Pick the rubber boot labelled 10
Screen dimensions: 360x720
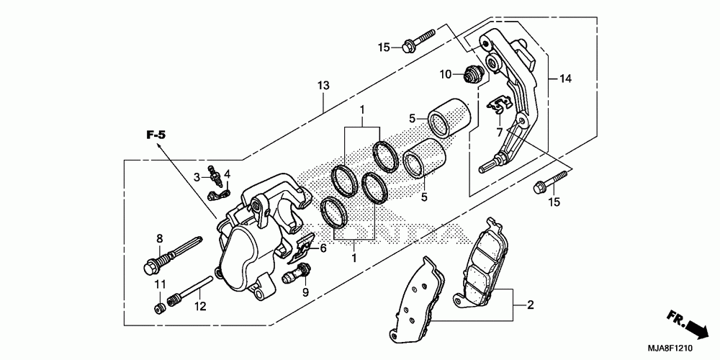click(x=472, y=73)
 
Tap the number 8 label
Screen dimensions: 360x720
click(x=160, y=238)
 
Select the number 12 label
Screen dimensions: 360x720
click(x=200, y=306)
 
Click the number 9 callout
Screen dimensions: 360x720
click(x=305, y=292)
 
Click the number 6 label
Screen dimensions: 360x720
click(x=323, y=248)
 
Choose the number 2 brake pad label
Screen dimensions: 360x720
click(x=531, y=305)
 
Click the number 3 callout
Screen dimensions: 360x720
click(x=197, y=176)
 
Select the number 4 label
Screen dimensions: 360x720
click(x=227, y=174)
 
